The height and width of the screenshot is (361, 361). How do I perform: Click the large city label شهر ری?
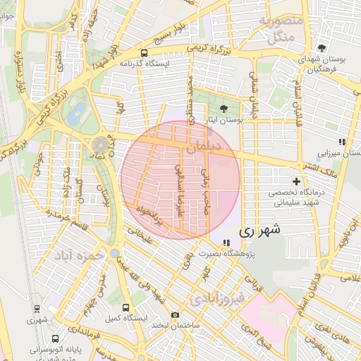click(260, 230)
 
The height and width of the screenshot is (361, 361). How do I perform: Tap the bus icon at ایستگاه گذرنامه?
click(145, 53)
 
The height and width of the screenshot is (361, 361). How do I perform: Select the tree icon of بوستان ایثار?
click(224, 109)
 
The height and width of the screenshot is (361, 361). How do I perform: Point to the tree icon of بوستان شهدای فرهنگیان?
click(322, 47)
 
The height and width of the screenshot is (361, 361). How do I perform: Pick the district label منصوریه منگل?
click(282, 27)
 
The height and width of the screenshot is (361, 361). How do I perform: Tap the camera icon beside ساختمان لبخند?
click(175, 315)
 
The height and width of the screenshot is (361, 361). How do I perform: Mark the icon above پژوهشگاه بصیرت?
click(226, 243)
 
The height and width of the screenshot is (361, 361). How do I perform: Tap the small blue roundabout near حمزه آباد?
click(115, 253)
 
